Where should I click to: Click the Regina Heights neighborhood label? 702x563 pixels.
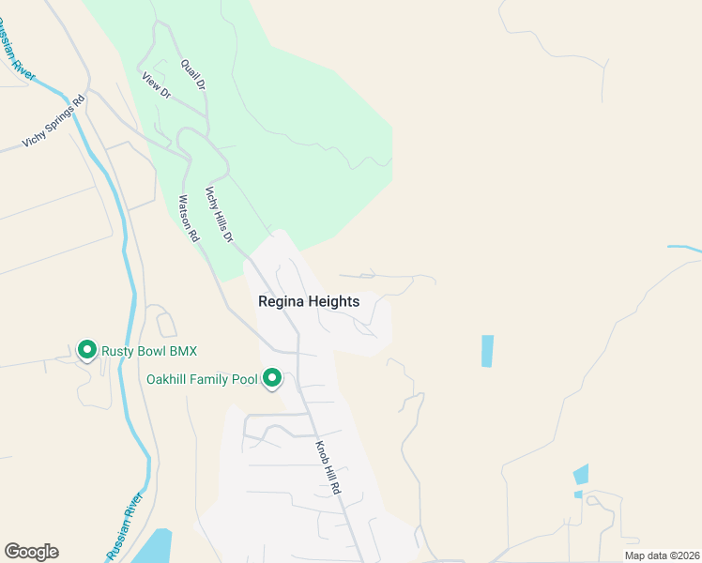click(309, 301)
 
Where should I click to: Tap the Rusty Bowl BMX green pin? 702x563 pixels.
click(87, 350)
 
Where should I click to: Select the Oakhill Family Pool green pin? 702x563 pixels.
click(273, 378)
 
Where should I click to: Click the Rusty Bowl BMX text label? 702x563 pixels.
click(150, 351)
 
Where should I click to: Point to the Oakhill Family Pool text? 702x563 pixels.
click(201, 380)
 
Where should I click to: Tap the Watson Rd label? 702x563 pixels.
click(189, 219)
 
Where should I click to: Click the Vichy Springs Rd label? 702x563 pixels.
click(53, 121)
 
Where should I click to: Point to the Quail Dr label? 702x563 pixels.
click(194, 72)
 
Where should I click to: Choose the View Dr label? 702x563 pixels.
click(156, 85)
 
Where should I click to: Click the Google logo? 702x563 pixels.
click(31, 552)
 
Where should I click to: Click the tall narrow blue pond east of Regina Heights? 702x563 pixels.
click(487, 351)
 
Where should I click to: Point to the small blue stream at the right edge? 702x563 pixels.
click(686, 249)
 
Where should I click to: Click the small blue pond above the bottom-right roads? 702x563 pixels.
click(581, 474)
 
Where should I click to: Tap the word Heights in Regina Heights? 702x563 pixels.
click(334, 301)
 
